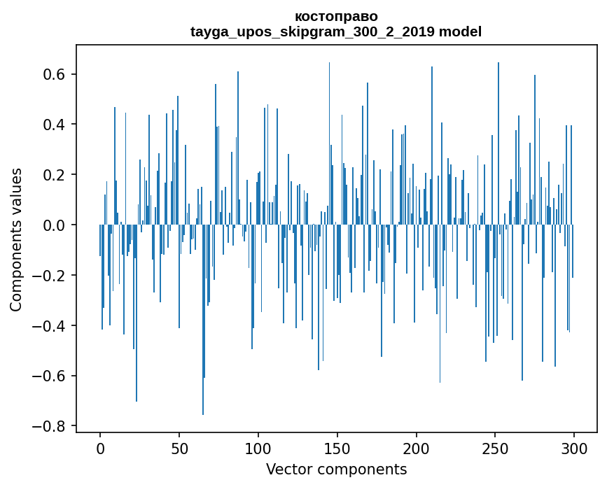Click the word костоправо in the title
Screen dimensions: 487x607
336,16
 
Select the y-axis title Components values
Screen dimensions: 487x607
16,239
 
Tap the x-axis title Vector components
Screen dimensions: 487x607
336,469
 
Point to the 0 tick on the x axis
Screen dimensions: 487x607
100,448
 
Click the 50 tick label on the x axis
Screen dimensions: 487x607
179,448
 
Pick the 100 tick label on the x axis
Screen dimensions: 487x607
258,448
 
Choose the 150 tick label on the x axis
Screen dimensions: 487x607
337,448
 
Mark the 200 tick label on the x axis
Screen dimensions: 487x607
417,448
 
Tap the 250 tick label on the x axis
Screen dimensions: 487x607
496,448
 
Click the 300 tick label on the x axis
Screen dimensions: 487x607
574,448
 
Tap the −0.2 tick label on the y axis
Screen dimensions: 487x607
51,276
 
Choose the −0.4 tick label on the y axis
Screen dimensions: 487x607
51,326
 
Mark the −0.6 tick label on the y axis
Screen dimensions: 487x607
51,376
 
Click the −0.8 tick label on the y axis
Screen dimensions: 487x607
51,426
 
